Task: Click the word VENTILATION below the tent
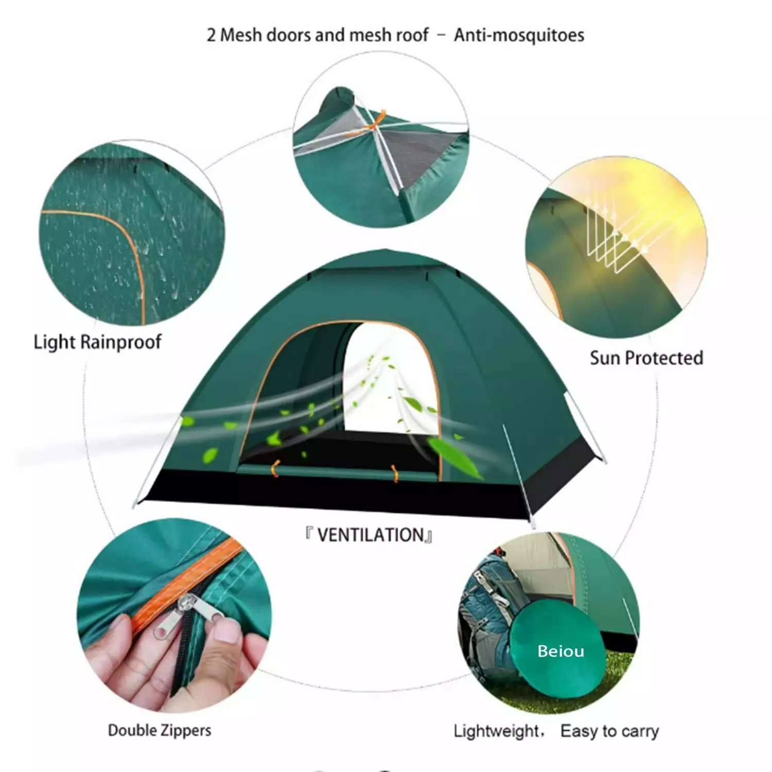click(370, 535)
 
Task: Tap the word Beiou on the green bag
click(560, 651)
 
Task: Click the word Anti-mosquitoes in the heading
click(519, 35)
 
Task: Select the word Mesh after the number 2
click(241, 35)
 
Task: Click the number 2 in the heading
click(211, 36)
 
